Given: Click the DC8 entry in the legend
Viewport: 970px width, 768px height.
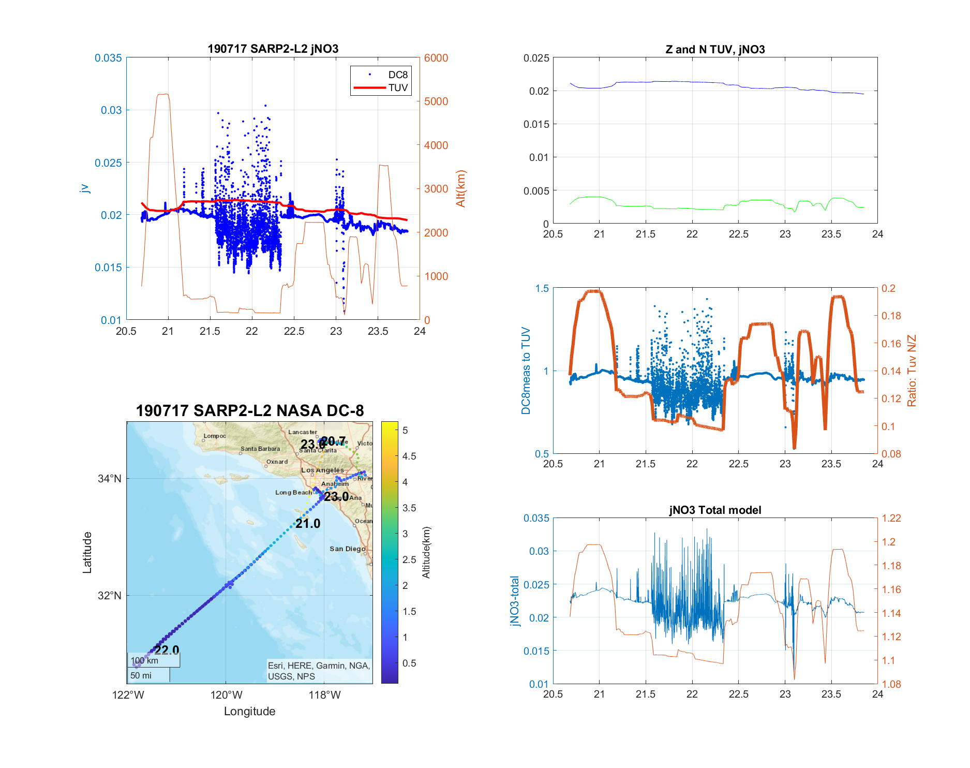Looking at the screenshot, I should (397, 75).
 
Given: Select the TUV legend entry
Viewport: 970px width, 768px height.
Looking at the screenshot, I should (398, 88).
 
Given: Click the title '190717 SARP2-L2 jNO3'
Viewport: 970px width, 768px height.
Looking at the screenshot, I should (273, 49).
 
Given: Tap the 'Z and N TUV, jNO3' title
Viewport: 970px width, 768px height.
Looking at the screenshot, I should (715, 49).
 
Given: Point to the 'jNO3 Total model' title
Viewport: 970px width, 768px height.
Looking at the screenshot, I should (715, 510).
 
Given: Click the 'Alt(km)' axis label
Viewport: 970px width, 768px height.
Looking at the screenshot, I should (461, 188).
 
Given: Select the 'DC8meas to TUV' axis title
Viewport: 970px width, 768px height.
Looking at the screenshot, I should (526, 371).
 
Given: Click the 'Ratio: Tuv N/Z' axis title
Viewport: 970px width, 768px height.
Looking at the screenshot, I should (912, 371).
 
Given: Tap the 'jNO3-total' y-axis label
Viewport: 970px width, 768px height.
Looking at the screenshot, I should (514, 600).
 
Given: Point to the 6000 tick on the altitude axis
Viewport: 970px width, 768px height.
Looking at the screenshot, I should (436, 58).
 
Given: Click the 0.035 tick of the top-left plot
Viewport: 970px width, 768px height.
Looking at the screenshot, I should (108, 58).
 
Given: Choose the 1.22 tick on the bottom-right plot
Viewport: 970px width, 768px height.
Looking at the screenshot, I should (891, 518).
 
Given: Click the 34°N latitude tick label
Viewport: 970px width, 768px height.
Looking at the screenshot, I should (110, 479).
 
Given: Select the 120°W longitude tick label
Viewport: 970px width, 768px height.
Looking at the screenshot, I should (226, 695).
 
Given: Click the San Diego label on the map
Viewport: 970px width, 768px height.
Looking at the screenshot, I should (347, 549).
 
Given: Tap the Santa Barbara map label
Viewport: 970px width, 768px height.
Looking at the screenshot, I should (260, 449).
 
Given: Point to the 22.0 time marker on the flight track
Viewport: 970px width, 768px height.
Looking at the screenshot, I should (167, 650).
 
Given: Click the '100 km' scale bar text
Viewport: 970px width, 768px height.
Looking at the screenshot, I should (144, 660).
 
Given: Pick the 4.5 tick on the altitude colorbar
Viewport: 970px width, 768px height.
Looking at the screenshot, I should (409, 456).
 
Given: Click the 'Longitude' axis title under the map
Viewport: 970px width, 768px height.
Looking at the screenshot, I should (249, 711).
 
